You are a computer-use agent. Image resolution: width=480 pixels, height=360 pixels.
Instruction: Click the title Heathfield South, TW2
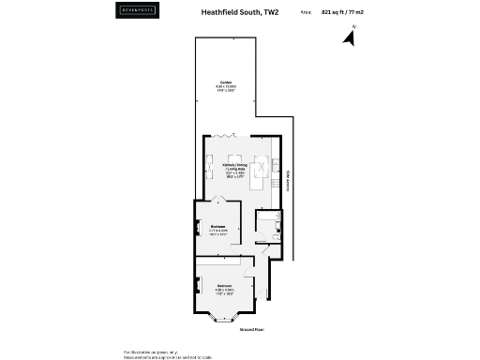(240, 13)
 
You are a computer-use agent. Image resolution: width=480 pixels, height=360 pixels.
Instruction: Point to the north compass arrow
(350, 38)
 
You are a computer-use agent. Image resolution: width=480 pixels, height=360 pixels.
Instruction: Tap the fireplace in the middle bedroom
(198, 227)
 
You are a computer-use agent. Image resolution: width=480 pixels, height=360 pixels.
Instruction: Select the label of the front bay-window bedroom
(225, 287)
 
